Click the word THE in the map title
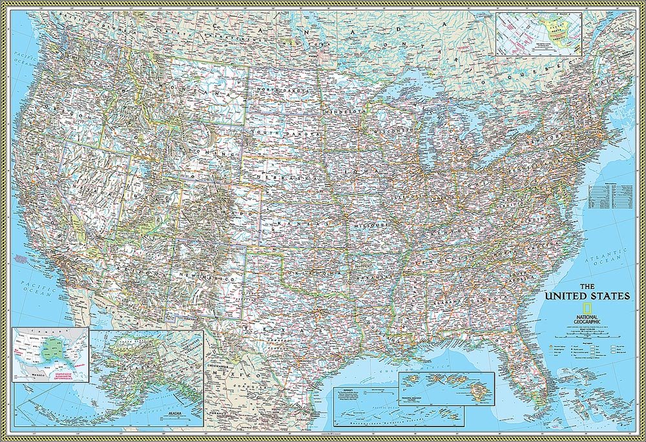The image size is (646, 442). pyautogui.click(x=587, y=286)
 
